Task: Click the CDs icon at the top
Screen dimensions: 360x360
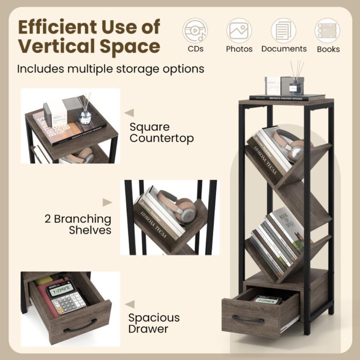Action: click(195, 31)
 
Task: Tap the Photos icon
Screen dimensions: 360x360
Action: click(239, 31)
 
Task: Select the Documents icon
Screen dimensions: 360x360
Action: click(283, 31)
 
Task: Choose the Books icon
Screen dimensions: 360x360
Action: click(328, 31)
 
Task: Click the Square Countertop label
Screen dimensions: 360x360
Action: click(162, 132)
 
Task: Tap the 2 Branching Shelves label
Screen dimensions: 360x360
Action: click(78, 224)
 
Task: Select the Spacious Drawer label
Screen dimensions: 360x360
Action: click(154, 323)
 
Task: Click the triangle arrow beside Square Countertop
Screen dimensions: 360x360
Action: click(129, 112)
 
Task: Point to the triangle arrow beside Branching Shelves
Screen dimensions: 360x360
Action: click(107, 202)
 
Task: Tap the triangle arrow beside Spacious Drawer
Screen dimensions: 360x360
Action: click(129, 305)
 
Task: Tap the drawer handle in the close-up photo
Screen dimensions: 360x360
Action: click(80, 325)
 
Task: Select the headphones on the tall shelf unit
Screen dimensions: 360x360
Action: click(292, 145)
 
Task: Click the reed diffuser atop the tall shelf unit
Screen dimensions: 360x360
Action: click(296, 79)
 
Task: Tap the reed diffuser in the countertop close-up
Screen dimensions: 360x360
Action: click(85, 111)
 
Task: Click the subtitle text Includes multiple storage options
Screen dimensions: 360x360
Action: click(111, 69)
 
